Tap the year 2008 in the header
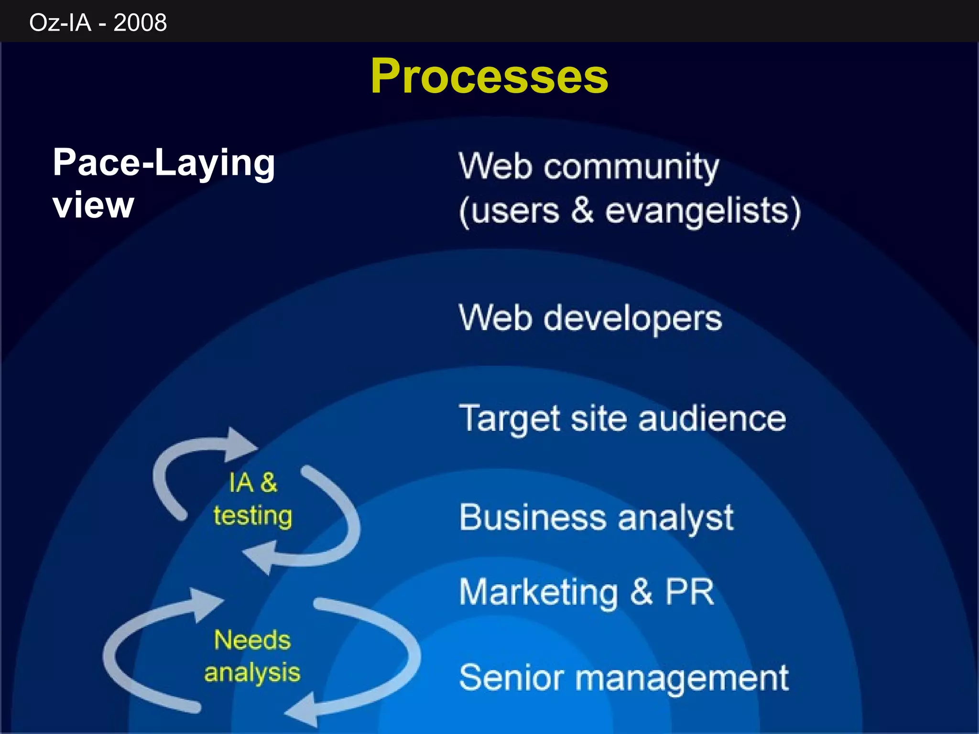point(140,22)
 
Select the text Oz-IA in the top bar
point(60,22)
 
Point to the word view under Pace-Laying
point(93,205)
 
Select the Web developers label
point(590,318)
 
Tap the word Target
point(510,419)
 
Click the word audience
point(712,419)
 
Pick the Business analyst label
point(596,518)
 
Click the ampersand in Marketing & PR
point(641,591)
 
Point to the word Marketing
point(539,592)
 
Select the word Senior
point(511,678)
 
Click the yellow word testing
point(252,517)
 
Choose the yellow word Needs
point(252,640)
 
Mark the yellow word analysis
point(252,673)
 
